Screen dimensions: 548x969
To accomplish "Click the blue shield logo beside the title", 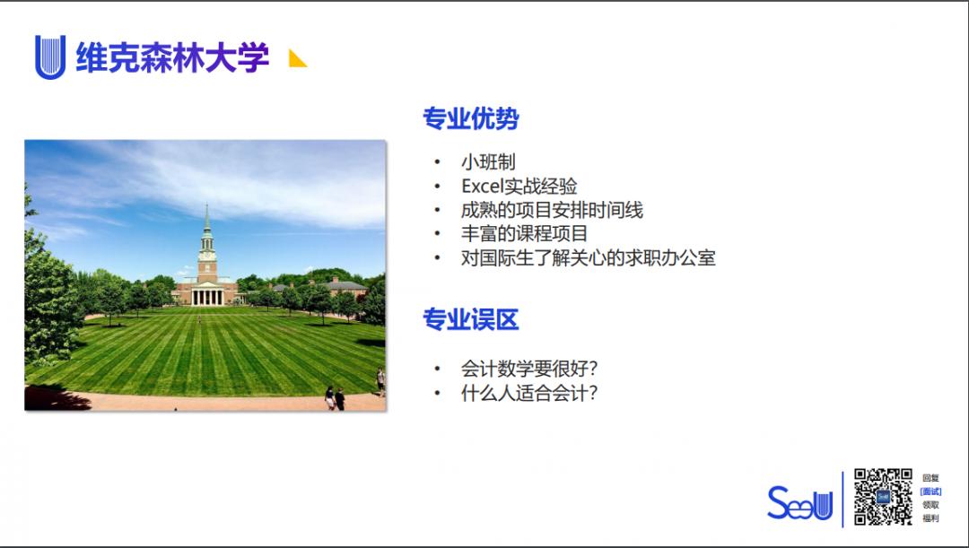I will (x=49, y=57).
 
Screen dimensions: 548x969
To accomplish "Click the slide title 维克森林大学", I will (x=172, y=57).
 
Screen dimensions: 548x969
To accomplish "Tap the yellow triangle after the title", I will (x=298, y=59).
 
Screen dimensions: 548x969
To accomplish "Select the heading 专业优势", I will (x=471, y=118).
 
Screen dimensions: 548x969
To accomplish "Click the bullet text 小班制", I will (x=488, y=162).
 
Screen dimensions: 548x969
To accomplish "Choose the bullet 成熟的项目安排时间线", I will (x=552, y=211).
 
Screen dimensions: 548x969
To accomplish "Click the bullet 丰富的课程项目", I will (x=525, y=234).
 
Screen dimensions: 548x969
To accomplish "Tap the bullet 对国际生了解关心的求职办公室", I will (x=588, y=258).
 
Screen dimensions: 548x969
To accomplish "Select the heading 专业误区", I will (x=471, y=319).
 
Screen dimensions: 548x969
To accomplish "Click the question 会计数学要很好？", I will (x=529, y=369).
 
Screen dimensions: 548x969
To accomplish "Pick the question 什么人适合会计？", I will (x=529, y=393).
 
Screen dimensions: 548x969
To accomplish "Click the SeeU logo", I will (x=799, y=503).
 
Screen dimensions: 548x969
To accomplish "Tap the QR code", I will (x=883, y=496).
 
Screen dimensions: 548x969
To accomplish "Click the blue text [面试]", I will (x=930, y=491).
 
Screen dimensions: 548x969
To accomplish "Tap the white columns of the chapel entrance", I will (x=207, y=296).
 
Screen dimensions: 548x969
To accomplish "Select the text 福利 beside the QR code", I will (x=930, y=518).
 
